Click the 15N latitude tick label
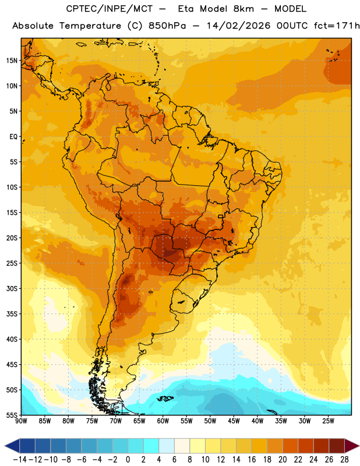pyautogui.click(x=12, y=61)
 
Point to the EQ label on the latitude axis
pyautogui.click(x=13, y=137)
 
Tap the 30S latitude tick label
pyautogui.click(x=12, y=288)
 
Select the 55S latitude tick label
pyautogui.click(x=12, y=415)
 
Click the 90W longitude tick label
pyautogui.click(x=22, y=421)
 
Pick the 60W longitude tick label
pyautogui.click(x=163, y=421)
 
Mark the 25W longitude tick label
pyautogui.click(x=328, y=421)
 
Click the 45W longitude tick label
pyautogui.click(x=234, y=421)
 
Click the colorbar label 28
pyautogui.click(x=344, y=460)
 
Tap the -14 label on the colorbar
pyautogui.click(x=20, y=460)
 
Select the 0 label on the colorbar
pyautogui.click(x=128, y=460)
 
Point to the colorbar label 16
pyautogui.click(x=252, y=460)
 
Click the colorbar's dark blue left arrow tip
pyautogui.click(x=5, y=446)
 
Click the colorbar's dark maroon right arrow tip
pyautogui.click(x=359, y=446)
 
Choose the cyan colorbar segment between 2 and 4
pyautogui.click(x=151, y=446)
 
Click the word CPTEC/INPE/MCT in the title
pyautogui.click(x=110, y=9)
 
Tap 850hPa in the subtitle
pyautogui.click(x=167, y=26)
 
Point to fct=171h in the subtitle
pyautogui.click(x=337, y=26)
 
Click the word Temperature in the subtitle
pyautogui.click(x=90, y=26)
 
